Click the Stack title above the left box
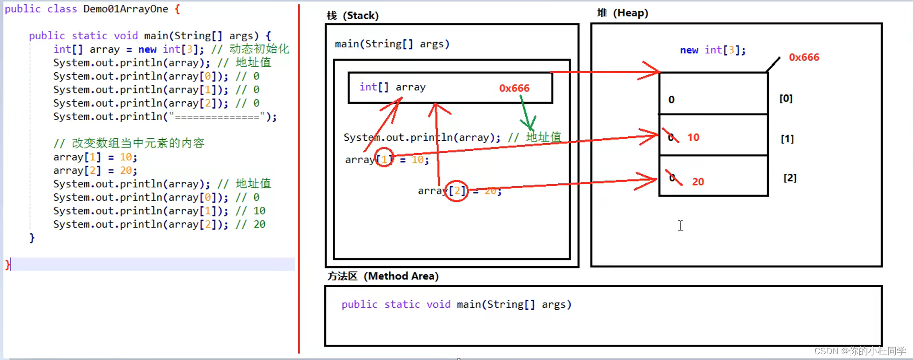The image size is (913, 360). [x=353, y=16]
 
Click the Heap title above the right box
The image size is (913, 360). [x=622, y=13]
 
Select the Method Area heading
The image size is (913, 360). [x=383, y=276]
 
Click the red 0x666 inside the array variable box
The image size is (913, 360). [x=514, y=88]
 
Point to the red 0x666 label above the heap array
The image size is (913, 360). [x=804, y=57]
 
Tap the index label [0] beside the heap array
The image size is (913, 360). [x=786, y=99]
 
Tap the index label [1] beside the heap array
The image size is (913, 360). [x=787, y=139]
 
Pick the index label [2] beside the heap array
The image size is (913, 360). [x=790, y=178]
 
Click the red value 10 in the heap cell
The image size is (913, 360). [x=693, y=137]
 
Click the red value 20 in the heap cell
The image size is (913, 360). [x=698, y=182]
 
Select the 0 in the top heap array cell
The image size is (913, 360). [x=671, y=100]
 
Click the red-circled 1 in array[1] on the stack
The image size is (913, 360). [x=384, y=159]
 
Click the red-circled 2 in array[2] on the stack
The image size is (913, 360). [x=457, y=191]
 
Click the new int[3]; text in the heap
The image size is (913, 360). [x=712, y=50]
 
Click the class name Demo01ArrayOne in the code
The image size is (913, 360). [x=125, y=9]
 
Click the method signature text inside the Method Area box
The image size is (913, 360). [x=456, y=304]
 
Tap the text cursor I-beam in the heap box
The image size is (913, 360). [x=680, y=225]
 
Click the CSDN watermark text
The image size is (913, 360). [x=860, y=351]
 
